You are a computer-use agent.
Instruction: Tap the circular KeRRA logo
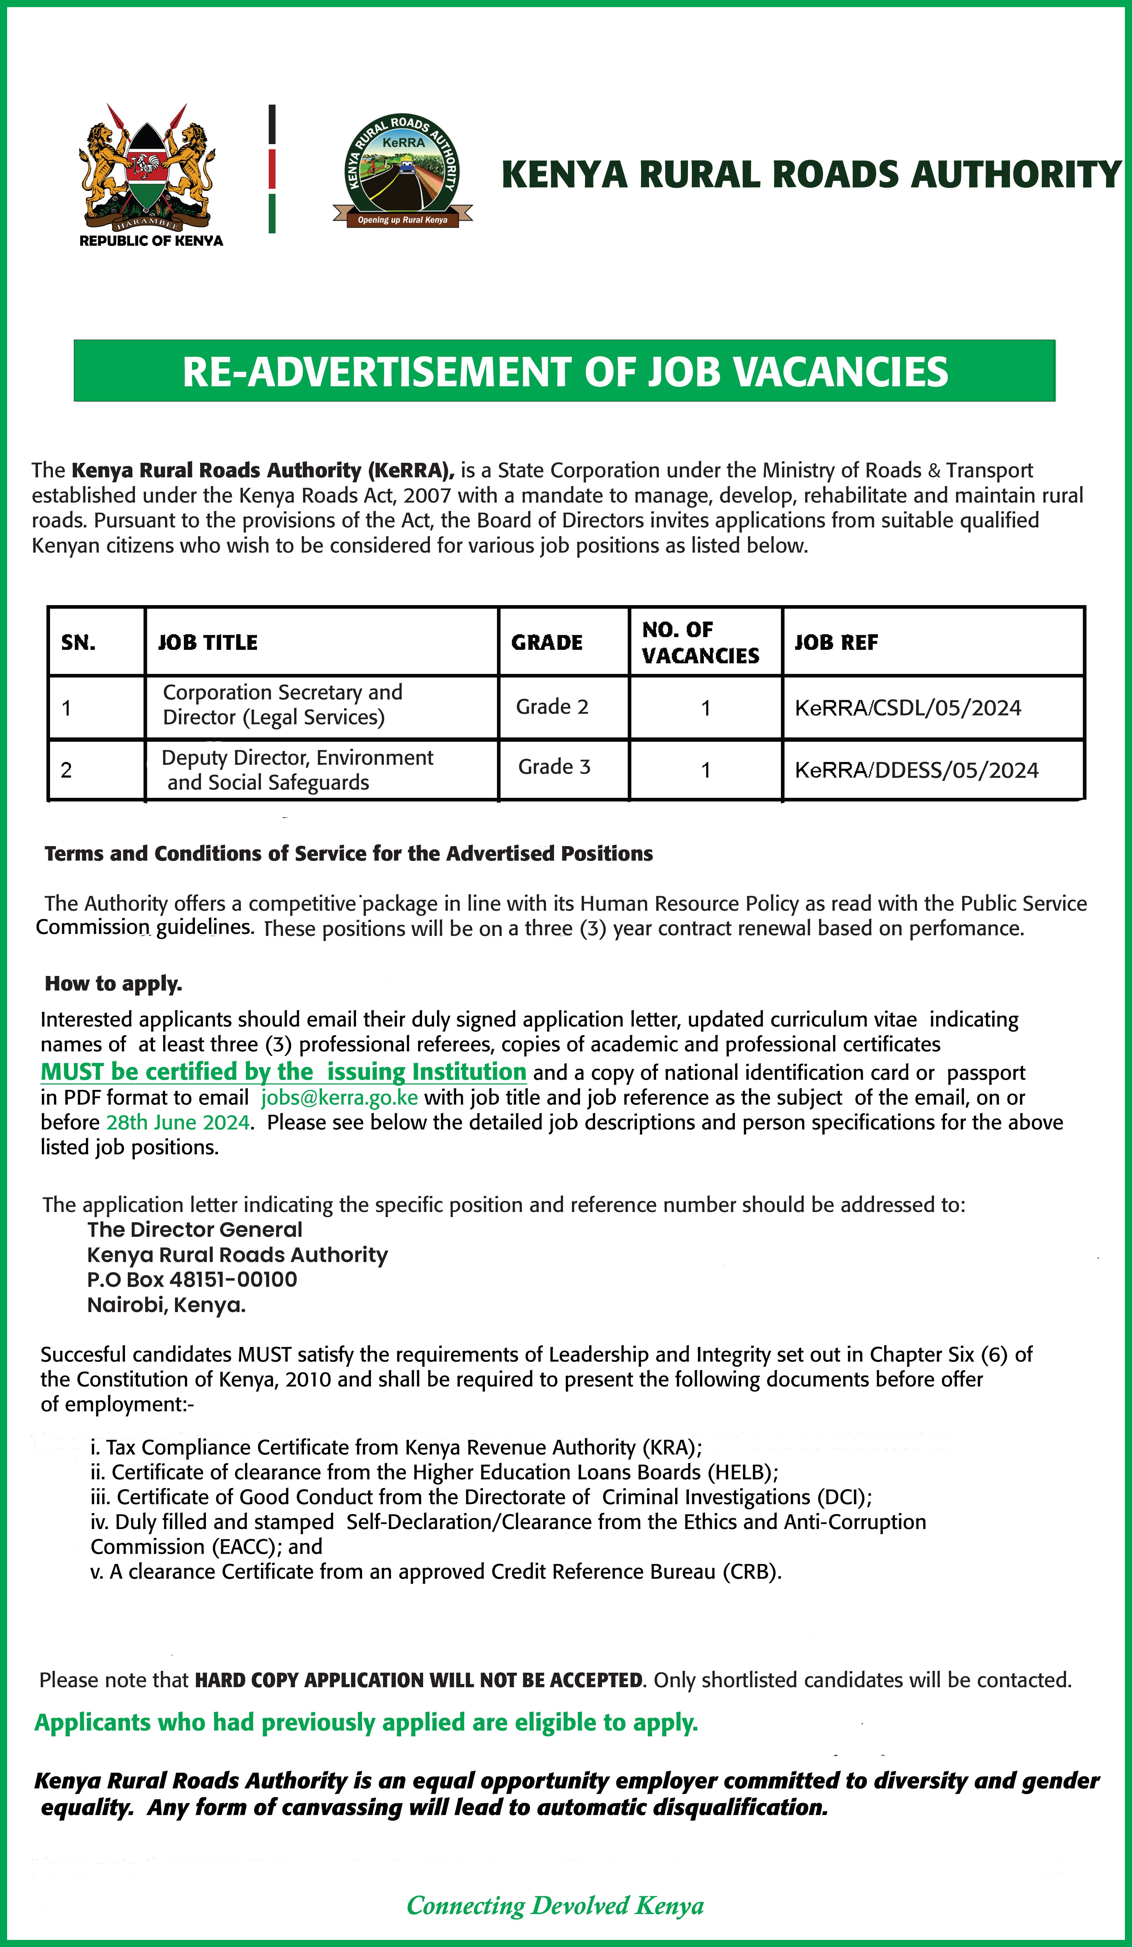[x=403, y=171]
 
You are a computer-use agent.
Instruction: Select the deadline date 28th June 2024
[x=178, y=1123]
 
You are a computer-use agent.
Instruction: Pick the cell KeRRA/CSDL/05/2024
[x=908, y=708]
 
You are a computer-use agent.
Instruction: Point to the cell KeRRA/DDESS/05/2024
[x=917, y=770]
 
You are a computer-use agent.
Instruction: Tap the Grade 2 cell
[x=552, y=707]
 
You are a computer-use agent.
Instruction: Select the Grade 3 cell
[x=554, y=767]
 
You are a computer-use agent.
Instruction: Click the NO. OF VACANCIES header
[x=700, y=643]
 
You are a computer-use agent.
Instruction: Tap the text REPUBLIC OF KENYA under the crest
[x=152, y=241]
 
